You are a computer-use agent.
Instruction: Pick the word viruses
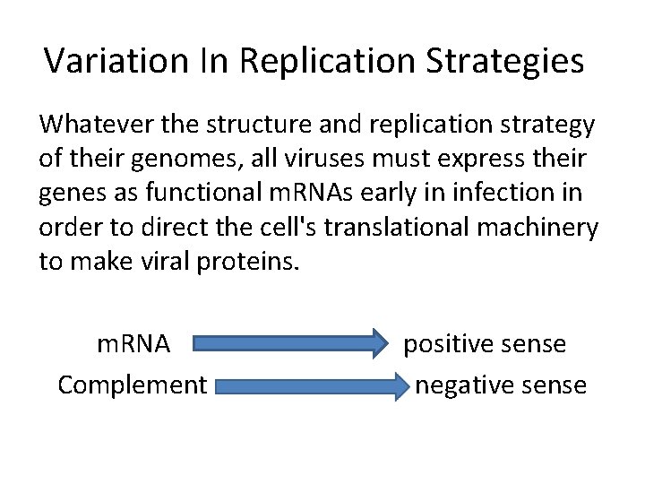point(338,158)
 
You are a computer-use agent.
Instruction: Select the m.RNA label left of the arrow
point(133,344)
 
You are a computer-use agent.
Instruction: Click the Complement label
point(133,385)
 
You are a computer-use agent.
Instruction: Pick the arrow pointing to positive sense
point(287,343)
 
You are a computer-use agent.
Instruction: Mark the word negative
point(459,385)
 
